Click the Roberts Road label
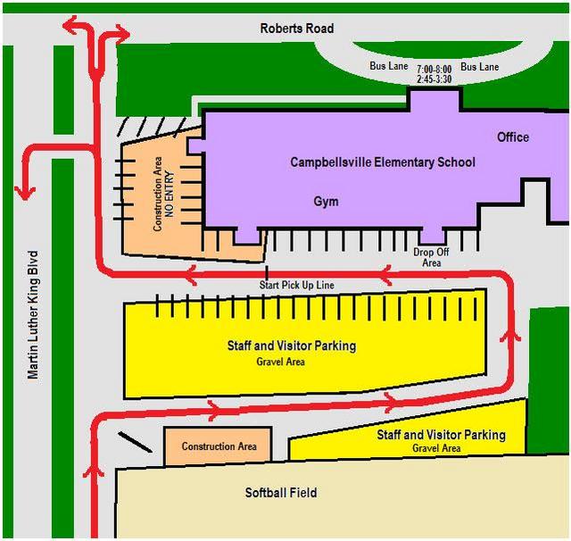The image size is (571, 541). click(x=297, y=29)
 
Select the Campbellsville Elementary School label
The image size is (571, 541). click(x=383, y=162)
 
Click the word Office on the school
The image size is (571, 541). click(x=513, y=137)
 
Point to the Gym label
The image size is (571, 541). click(x=326, y=202)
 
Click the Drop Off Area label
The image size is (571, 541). click(x=432, y=258)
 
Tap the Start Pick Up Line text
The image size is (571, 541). click(x=296, y=286)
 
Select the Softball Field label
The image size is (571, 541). click(x=281, y=493)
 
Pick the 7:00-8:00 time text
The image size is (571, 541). click(x=434, y=69)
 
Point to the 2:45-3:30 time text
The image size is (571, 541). click(x=434, y=79)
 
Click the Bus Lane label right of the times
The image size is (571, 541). click(x=479, y=67)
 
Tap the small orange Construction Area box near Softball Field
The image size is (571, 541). click(x=219, y=445)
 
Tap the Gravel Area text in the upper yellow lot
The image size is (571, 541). click(x=281, y=362)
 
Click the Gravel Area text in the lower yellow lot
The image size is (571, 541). click(x=436, y=448)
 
